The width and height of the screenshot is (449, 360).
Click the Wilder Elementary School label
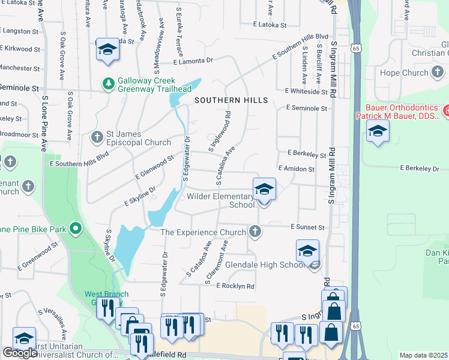click(221, 200)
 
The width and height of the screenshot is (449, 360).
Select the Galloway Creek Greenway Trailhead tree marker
click(109, 83)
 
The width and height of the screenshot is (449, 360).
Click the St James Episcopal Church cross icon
click(97, 137)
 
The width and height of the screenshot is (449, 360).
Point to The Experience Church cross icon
click(255, 232)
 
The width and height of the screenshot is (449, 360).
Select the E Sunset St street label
click(307, 227)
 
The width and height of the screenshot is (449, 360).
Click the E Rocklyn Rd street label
click(235, 286)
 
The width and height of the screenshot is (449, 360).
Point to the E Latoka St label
click(270, 25)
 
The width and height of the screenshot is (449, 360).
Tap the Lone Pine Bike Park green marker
click(76, 228)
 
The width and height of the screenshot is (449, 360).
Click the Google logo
click(20, 353)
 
